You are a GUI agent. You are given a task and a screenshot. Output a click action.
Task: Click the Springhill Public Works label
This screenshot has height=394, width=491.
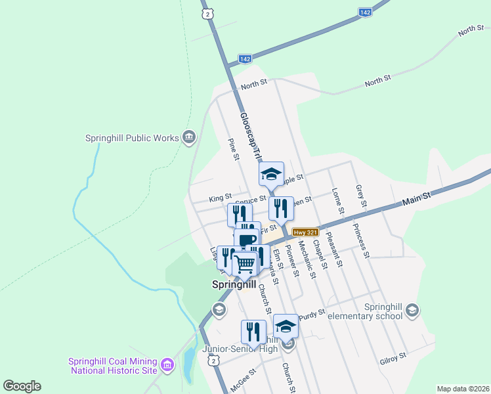click(x=132, y=138)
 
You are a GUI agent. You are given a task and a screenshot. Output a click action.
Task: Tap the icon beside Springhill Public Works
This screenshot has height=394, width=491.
click(x=189, y=137)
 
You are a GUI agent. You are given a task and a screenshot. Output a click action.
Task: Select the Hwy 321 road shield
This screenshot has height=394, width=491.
click(x=305, y=232)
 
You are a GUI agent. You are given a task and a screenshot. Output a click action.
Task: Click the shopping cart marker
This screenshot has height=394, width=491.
click(x=245, y=265)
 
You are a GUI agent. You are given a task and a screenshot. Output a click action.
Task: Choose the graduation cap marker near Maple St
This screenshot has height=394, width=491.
click(x=271, y=175)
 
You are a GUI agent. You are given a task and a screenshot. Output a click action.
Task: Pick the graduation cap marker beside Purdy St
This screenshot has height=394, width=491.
click(x=286, y=326)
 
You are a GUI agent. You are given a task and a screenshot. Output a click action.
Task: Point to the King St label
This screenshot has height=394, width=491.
click(x=221, y=197)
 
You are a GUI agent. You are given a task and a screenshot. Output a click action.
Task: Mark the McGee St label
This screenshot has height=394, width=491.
click(x=244, y=381)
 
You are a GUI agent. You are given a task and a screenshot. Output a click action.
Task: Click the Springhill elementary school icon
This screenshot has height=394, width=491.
click(x=412, y=310)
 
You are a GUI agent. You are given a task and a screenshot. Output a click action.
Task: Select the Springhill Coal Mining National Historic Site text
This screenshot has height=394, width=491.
click(x=113, y=366)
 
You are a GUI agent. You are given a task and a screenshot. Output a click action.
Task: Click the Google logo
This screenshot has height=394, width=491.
click(x=22, y=386)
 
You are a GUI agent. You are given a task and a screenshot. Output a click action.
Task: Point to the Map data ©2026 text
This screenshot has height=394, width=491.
click(x=463, y=388)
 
